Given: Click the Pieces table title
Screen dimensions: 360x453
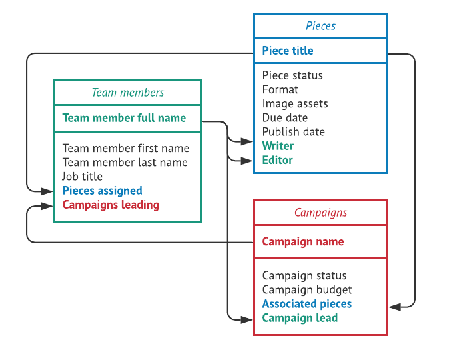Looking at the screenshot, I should (320, 26).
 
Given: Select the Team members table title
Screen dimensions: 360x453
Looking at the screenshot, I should (127, 93).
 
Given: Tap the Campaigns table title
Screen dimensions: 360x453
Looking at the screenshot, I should (320, 213).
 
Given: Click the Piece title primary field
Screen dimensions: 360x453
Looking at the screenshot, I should (288, 51).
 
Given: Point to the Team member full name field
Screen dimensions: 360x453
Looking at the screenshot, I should (124, 118).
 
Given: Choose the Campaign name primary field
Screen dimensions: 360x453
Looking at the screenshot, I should (303, 241).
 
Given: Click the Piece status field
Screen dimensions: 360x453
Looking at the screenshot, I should (292, 75).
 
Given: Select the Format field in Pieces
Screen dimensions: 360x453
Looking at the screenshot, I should (280, 89).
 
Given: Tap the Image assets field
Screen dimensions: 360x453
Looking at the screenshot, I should (295, 103).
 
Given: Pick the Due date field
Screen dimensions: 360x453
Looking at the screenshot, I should (285, 117).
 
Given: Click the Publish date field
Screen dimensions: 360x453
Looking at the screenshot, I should (294, 131).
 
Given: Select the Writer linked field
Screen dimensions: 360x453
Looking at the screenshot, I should (278, 145).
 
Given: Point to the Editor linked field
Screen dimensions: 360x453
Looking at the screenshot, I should (278, 160).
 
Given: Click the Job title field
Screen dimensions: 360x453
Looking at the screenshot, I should (83, 176).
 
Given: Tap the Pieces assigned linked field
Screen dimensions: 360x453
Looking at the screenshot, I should (102, 191).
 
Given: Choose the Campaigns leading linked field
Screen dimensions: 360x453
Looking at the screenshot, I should (111, 205).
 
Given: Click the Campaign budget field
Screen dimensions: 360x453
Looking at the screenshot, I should (307, 289).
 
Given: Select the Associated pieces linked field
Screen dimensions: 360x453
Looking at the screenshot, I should (307, 304).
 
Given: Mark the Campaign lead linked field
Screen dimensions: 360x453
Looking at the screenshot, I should (300, 318).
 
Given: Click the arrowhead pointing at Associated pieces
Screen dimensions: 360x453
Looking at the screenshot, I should (394, 307).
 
